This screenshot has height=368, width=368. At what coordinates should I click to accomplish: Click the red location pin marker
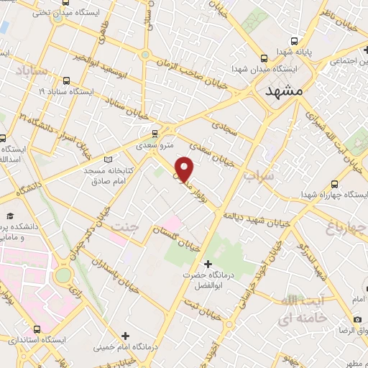(185, 170)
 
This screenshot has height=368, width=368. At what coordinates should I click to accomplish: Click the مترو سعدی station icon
(155, 134)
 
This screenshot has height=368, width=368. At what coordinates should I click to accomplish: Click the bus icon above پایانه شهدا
(265, 56)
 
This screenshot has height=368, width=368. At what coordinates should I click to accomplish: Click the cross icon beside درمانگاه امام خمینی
(125, 336)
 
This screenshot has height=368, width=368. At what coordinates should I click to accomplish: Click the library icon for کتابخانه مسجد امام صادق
(109, 159)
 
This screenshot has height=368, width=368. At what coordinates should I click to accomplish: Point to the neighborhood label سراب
(259, 175)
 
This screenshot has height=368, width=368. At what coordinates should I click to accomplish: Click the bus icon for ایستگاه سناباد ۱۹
(67, 80)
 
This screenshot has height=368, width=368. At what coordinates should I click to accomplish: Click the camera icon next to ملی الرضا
(358, 319)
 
